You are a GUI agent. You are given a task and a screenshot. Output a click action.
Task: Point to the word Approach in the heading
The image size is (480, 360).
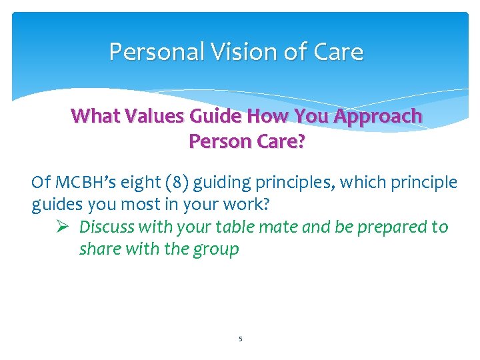[x=378, y=116]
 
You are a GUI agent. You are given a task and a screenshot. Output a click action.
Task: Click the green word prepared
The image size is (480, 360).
[x=393, y=227]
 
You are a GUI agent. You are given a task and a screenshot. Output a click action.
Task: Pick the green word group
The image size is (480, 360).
[x=216, y=250]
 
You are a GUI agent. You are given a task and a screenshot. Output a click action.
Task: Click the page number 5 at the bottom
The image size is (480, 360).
[x=240, y=339]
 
